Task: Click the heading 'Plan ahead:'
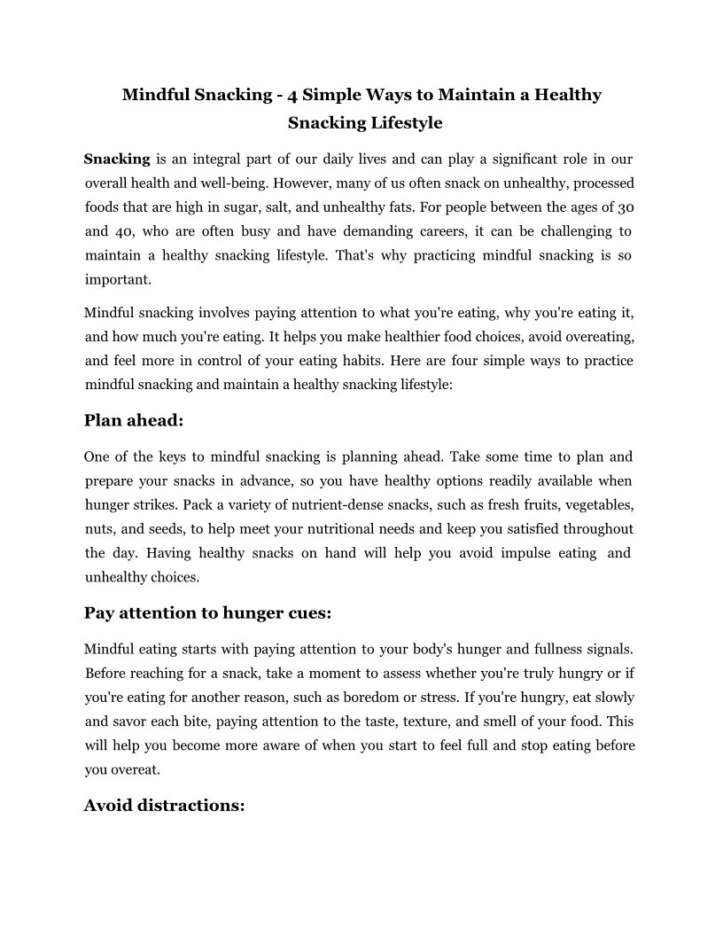tap(134, 421)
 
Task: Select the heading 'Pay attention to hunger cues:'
tap(207, 612)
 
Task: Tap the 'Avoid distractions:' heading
tap(164, 806)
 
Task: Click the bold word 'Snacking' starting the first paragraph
tap(117, 160)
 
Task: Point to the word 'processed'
tap(603, 183)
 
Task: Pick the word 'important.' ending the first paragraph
tap(118, 279)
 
